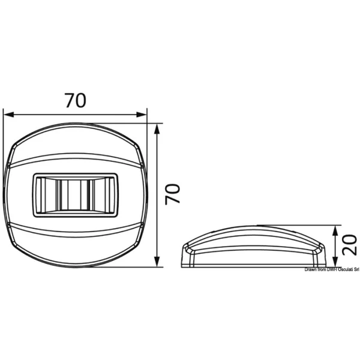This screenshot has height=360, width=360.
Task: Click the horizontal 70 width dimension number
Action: pos(76,100)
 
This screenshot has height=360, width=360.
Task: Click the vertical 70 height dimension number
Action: pos(173,193)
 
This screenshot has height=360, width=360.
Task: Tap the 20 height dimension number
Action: pos(349,245)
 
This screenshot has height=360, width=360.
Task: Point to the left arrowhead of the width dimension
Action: pos(9,115)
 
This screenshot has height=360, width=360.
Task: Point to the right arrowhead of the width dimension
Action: pos(141,115)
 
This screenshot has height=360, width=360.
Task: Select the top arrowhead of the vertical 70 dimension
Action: pos(157,129)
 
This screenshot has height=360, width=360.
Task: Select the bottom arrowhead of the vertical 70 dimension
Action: pos(157,262)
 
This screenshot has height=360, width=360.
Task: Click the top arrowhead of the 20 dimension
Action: pos(335,230)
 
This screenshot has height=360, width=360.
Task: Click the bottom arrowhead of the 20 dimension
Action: pos(335,262)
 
